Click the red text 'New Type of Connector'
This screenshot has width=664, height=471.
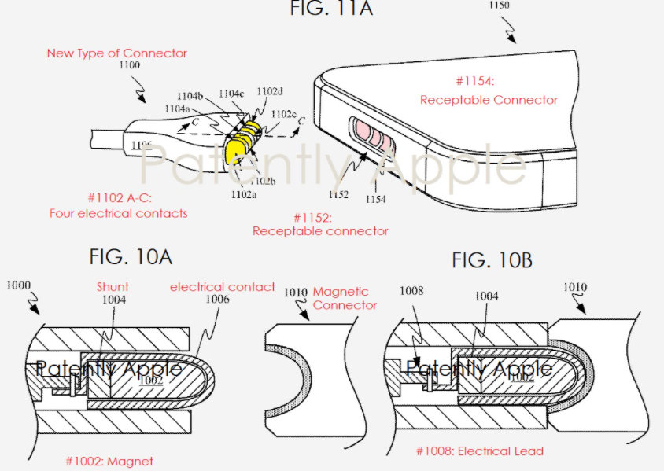click(116, 53)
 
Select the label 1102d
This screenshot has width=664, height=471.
click(270, 91)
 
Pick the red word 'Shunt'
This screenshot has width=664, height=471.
click(113, 287)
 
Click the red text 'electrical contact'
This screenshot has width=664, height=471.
click(223, 287)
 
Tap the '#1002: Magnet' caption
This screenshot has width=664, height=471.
click(111, 461)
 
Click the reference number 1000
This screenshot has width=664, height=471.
click(20, 286)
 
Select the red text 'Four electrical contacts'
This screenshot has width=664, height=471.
click(118, 213)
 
